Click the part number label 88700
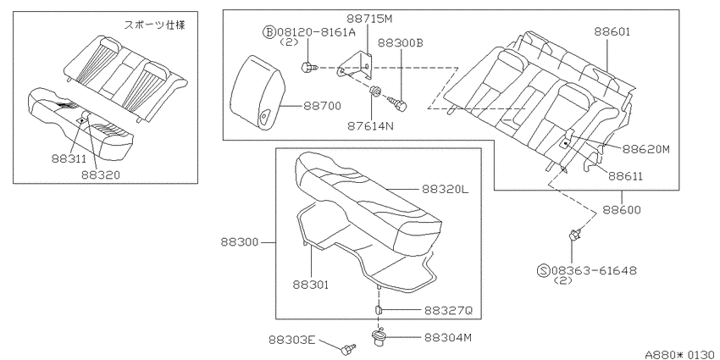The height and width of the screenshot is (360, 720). click(323, 106)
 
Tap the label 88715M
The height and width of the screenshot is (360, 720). click(369, 19)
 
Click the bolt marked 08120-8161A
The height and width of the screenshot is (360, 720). click(309, 68)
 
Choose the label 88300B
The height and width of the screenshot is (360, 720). click(401, 42)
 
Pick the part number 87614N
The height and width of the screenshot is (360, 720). click(370, 125)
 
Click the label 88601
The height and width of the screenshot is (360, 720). click(612, 31)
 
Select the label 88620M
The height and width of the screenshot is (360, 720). click(646, 149)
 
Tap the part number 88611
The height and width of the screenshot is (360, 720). click(627, 176)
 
